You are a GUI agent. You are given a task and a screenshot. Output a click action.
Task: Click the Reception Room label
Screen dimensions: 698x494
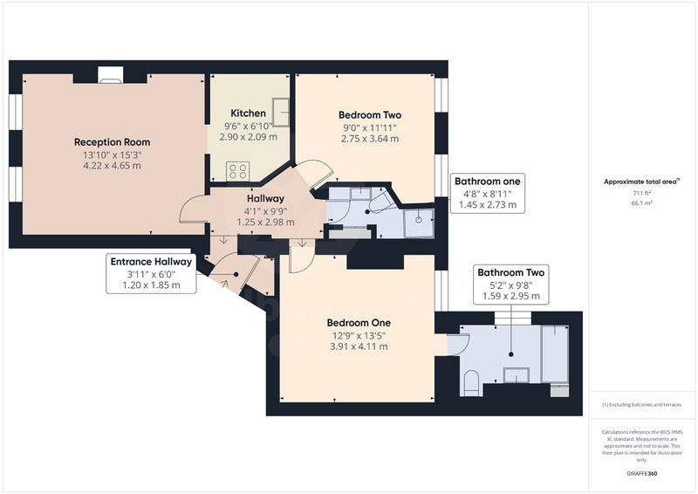pyautogui.click(x=112, y=142)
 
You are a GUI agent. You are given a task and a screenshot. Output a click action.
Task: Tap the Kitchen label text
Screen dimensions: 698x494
pyautogui.click(x=248, y=113)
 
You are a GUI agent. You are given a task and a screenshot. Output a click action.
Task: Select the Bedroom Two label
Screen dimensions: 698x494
pyautogui.click(x=369, y=115)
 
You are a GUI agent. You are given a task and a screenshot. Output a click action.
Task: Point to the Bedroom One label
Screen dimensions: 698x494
pyautogui.click(x=359, y=323)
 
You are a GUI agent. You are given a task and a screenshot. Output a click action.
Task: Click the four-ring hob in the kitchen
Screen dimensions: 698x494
pyautogui.click(x=237, y=171)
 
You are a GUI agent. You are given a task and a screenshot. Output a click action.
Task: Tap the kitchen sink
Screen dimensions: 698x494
pyautogui.click(x=281, y=113)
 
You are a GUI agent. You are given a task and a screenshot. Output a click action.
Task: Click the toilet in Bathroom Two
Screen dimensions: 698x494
pyautogui.click(x=470, y=383)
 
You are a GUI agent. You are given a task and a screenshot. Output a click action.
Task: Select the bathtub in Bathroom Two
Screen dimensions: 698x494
pyautogui.click(x=555, y=354)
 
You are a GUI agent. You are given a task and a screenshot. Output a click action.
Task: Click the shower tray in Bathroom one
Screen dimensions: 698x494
pyautogui.click(x=419, y=223)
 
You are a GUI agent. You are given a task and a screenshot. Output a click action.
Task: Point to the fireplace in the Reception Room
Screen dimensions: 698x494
pyautogui.click(x=110, y=75)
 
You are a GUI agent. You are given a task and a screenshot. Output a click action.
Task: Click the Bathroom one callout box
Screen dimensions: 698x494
pyautogui.click(x=488, y=194)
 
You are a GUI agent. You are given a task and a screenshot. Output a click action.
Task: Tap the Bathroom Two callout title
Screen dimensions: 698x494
pyautogui.click(x=510, y=272)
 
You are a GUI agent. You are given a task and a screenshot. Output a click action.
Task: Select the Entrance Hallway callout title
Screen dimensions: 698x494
pyautogui.click(x=151, y=262)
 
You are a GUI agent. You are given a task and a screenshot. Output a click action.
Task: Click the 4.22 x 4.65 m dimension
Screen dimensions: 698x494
pyautogui.click(x=112, y=166)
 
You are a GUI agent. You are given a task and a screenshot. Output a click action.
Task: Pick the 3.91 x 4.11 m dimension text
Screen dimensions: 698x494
pyautogui.click(x=359, y=346)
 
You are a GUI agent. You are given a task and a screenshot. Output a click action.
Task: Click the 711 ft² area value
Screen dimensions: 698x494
pyautogui.click(x=642, y=194)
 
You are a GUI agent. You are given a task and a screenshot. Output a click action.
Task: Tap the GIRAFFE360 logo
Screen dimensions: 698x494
pyautogui.click(x=641, y=474)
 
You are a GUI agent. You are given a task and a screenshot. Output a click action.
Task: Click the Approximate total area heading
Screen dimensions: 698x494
pyautogui.click(x=641, y=182)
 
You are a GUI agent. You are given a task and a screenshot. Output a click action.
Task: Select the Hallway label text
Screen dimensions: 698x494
pyautogui.click(x=265, y=199)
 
